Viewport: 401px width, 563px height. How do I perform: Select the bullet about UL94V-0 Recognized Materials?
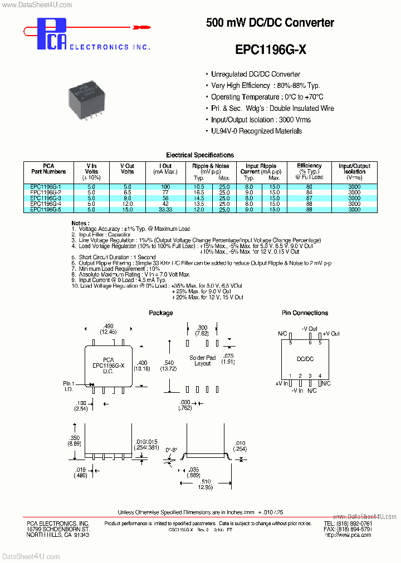(256, 131)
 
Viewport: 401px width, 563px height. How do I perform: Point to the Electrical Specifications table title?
(200, 155)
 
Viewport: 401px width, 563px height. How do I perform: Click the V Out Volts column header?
(128, 169)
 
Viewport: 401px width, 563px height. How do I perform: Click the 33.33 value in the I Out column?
(165, 209)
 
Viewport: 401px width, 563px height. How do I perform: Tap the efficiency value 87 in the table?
(310, 198)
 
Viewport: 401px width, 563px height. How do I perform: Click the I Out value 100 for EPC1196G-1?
(165, 187)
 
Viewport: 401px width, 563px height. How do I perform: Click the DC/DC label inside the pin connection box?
(305, 359)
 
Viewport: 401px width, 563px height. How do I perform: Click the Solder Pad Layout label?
(202, 360)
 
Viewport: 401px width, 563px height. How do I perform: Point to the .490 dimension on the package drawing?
(109, 326)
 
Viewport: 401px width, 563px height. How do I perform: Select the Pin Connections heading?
(305, 313)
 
